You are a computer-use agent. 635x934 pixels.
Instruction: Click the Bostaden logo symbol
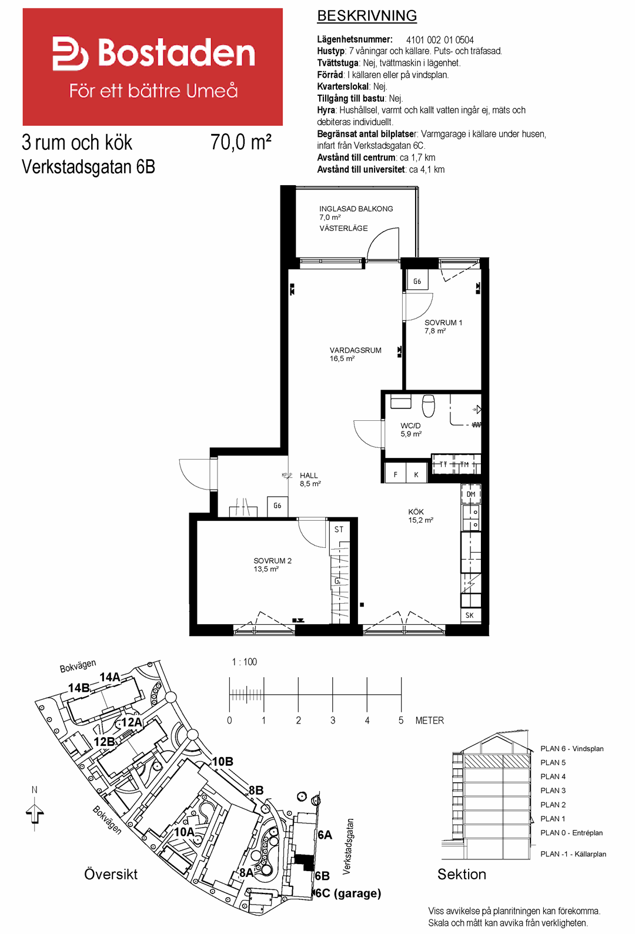70,53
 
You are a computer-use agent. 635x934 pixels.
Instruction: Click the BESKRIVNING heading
367,16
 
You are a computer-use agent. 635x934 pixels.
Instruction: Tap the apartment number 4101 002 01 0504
440,40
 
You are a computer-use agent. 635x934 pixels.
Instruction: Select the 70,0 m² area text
240,142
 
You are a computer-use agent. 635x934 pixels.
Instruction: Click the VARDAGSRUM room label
356,350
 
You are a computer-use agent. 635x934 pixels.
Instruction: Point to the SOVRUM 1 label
443,322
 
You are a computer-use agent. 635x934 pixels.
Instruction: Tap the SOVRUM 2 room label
272,561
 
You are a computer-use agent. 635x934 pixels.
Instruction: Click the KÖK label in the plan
416,511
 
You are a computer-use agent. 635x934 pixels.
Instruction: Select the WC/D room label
410,426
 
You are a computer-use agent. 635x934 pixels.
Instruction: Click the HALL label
309,476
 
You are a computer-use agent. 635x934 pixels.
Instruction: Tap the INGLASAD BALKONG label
356,209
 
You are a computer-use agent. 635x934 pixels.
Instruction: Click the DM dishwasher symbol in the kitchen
471,494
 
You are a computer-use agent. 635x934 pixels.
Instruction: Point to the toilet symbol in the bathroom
429,406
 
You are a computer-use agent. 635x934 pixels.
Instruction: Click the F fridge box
396,474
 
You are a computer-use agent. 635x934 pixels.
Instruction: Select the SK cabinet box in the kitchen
470,615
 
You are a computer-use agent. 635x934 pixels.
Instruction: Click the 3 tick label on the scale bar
333,720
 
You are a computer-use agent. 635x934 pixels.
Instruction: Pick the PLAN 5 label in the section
553,762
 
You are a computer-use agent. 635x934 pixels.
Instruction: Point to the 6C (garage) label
348,893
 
